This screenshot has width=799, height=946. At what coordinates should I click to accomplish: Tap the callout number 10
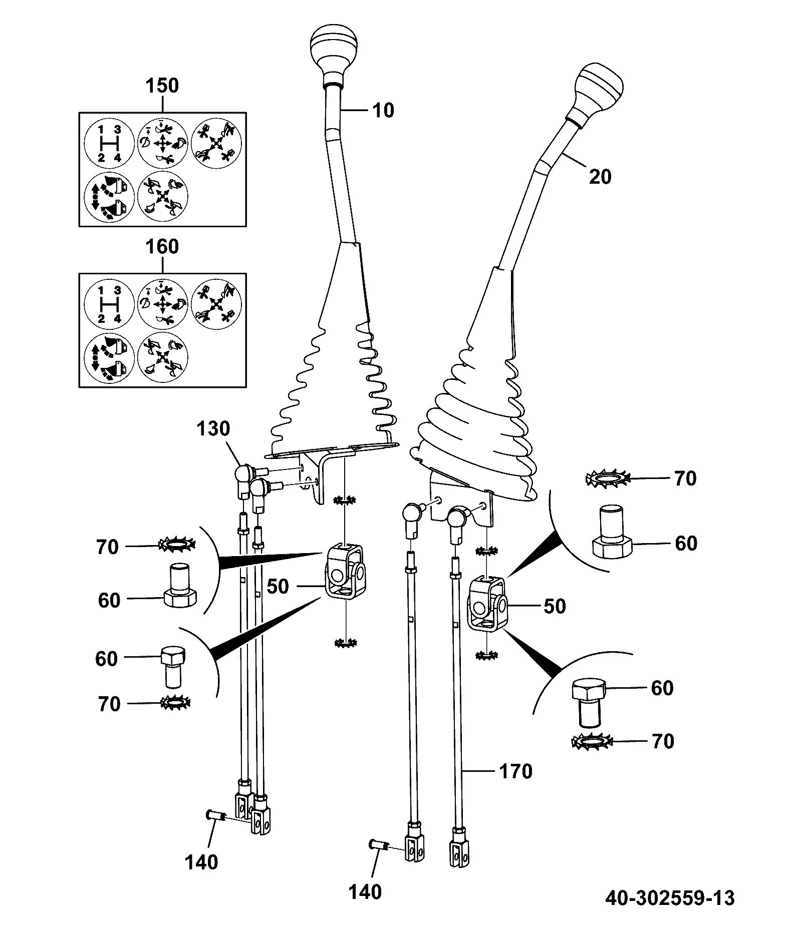[383, 110]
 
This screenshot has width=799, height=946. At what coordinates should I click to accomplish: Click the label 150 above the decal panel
[162, 86]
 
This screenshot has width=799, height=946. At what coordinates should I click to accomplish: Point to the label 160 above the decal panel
[162, 247]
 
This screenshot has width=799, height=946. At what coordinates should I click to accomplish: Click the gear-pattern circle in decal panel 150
[109, 144]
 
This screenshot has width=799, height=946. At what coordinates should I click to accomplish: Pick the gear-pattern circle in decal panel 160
[109, 304]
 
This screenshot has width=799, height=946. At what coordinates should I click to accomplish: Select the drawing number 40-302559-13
[670, 898]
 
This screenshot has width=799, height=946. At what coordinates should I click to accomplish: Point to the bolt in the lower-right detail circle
[589, 703]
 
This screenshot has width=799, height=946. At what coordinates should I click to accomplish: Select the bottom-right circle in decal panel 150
[162, 197]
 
